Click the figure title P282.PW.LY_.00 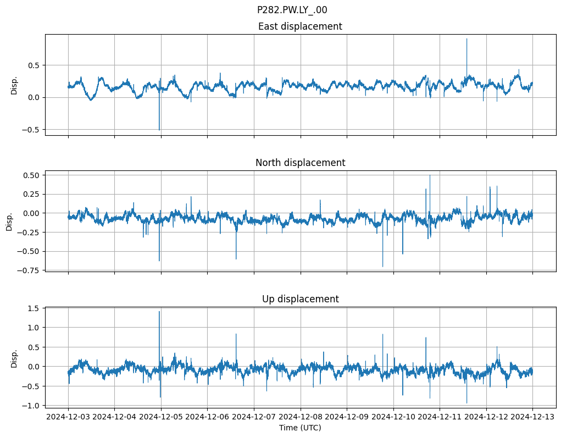tap(292, 10)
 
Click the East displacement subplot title tap(300, 26)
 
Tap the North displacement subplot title tap(300, 163)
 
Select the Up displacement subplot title tap(300, 299)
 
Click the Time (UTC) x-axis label tap(300, 427)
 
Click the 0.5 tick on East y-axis tap(34, 65)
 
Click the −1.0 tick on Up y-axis tap(32, 405)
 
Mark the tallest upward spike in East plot tap(466, 39)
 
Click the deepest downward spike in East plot tap(159, 130)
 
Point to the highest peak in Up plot tap(159, 312)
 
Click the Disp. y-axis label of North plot tap(9, 221)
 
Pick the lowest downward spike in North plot tap(383, 267)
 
